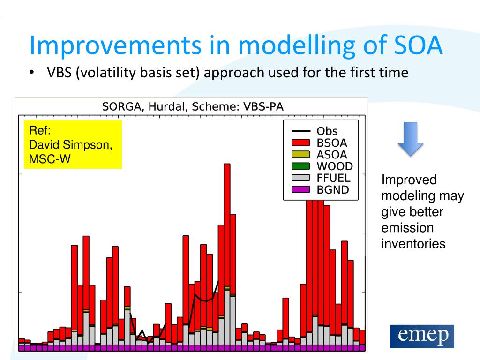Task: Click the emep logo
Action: [422, 336]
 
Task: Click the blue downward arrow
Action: [410, 139]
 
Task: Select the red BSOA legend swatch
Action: [300, 142]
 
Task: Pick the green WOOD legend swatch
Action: [300, 166]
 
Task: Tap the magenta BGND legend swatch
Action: [300, 189]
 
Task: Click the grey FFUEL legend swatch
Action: [300, 178]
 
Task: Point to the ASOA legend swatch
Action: [300, 154]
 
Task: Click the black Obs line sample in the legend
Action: [300, 131]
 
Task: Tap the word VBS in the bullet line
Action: [59, 73]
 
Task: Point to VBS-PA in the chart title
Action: [263, 106]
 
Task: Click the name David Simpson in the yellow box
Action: [71, 145]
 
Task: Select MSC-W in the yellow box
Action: [50, 159]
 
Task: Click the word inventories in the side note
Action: [413, 244]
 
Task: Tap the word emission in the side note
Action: [407, 228]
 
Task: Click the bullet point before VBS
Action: [31, 73]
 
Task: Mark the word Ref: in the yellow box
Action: [40, 130]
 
